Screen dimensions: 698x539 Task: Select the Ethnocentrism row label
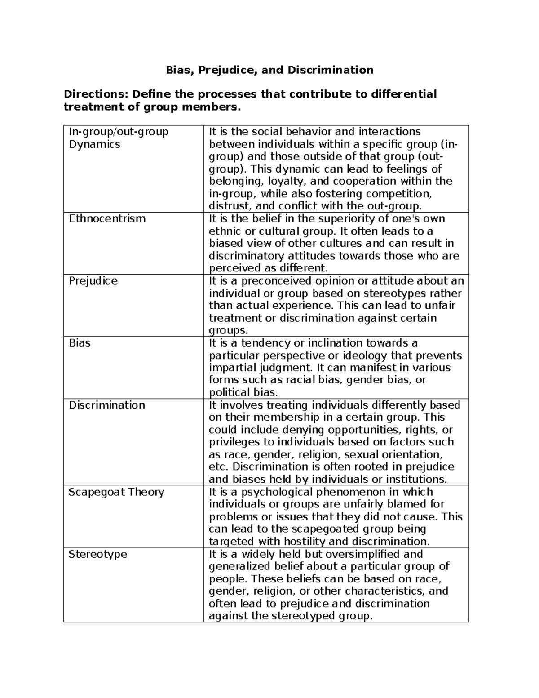[x=107, y=219]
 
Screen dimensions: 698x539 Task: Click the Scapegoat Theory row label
[x=116, y=492]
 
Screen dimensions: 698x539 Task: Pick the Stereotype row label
[x=97, y=554]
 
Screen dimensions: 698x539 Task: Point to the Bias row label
[x=79, y=343]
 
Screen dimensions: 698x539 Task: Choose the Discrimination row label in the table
[x=106, y=405]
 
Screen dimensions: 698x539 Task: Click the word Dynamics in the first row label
[x=94, y=144]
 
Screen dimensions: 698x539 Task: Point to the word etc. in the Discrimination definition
[x=219, y=467]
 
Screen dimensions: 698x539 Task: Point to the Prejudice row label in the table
[x=93, y=281]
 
